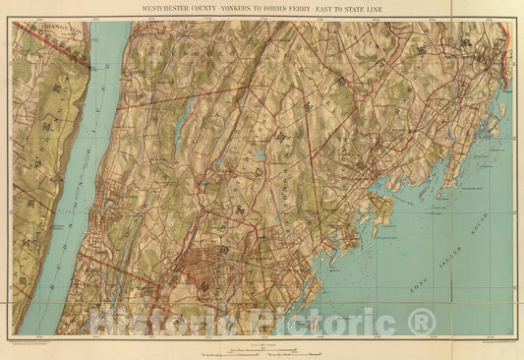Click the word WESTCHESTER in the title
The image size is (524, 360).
pos(166,8)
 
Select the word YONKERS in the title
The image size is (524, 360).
pos(253,8)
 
